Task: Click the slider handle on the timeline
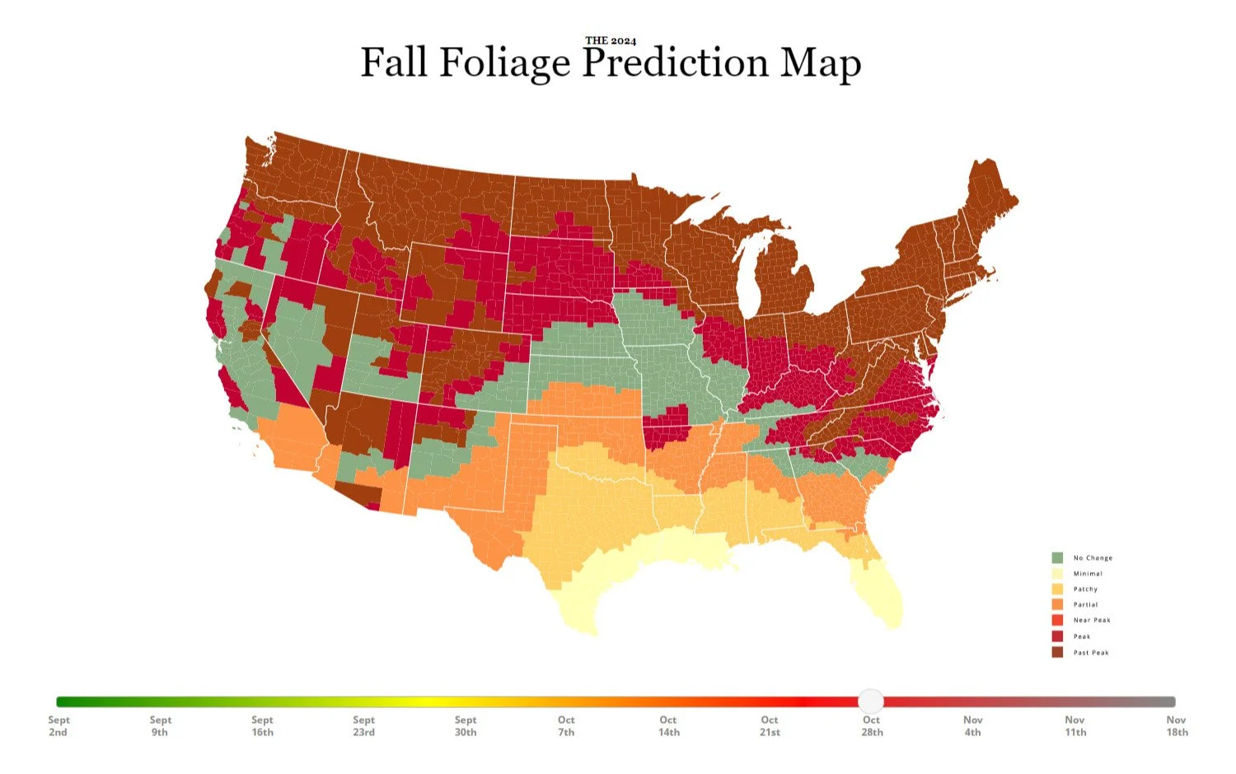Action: [871, 702]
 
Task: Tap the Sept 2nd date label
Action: [59, 725]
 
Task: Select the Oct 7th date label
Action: [566, 725]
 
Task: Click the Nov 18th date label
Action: [1177, 725]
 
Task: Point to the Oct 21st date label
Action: [770, 725]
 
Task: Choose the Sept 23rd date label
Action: [363, 725]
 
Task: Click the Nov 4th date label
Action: [972, 725]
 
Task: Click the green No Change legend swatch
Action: [1057, 557]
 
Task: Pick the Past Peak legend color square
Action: [1057, 652]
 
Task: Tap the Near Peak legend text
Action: [1092, 620]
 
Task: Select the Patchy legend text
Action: [1085, 589]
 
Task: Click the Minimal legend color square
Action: [1057, 573]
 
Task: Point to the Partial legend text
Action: [1085, 604]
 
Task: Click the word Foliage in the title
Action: [504, 63]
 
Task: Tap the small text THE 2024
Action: [611, 40]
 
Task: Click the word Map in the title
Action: [820, 63]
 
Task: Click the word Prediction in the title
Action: [675, 63]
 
